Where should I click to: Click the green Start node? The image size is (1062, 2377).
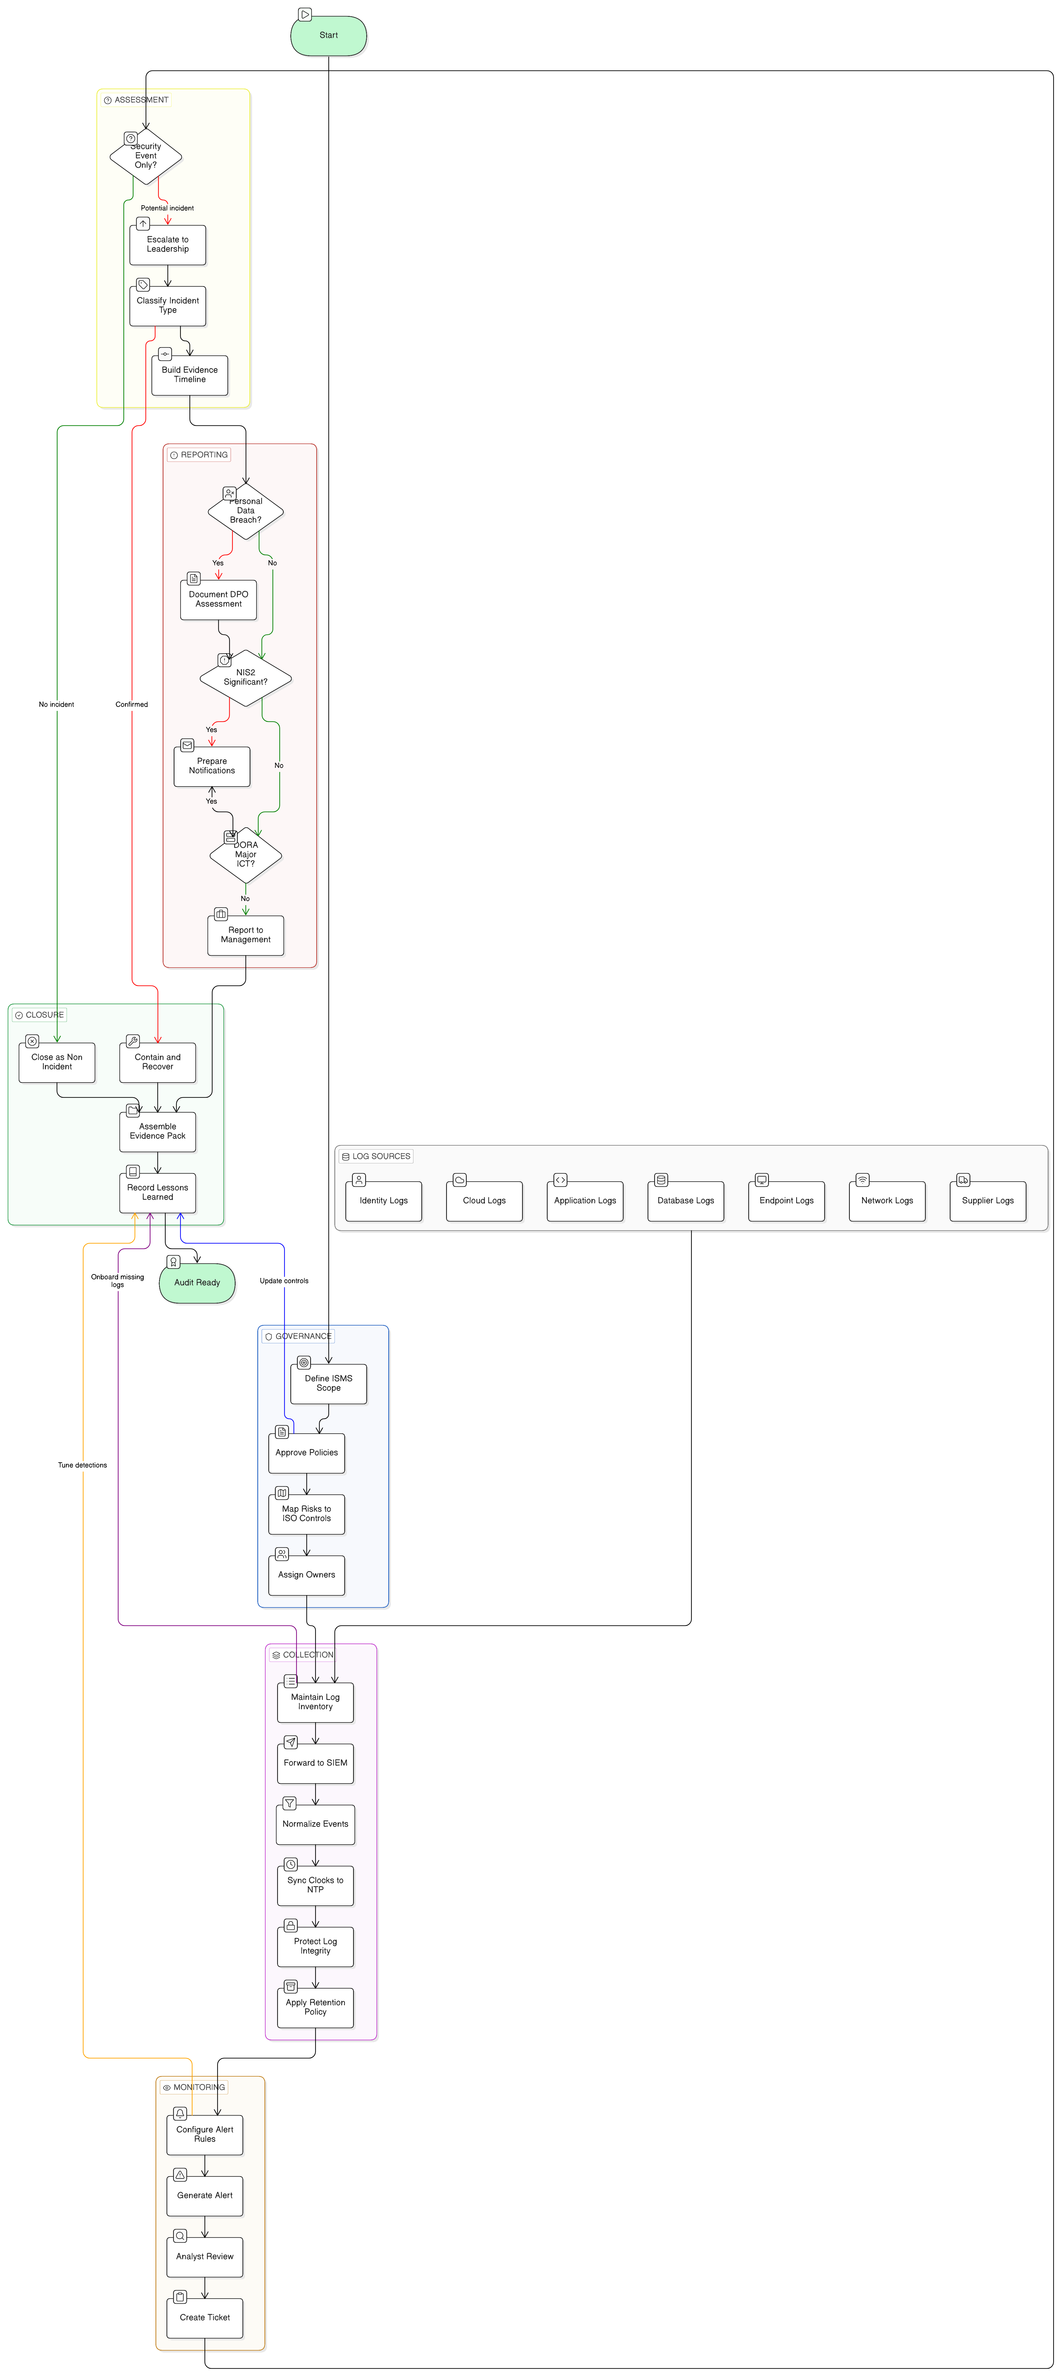pos(329,35)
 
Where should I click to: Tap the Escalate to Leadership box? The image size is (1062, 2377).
pos(168,245)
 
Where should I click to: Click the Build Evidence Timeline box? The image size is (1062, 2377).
pos(189,375)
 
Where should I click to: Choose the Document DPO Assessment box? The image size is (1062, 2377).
pos(219,600)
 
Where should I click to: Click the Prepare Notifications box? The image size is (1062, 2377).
pos(212,766)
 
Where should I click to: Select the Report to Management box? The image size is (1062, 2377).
pos(245,935)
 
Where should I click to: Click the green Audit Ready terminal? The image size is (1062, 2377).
pos(197,1283)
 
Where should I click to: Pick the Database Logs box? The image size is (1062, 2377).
pos(686,1201)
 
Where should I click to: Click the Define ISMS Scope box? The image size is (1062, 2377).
pos(329,1383)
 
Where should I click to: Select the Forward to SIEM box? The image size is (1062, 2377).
pos(316,1762)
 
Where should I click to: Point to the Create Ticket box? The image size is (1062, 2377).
pos(205,2317)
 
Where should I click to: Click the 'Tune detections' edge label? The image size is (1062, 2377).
pos(83,1465)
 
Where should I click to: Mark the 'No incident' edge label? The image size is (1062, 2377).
pos(56,704)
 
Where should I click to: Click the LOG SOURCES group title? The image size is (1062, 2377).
pos(381,1156)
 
